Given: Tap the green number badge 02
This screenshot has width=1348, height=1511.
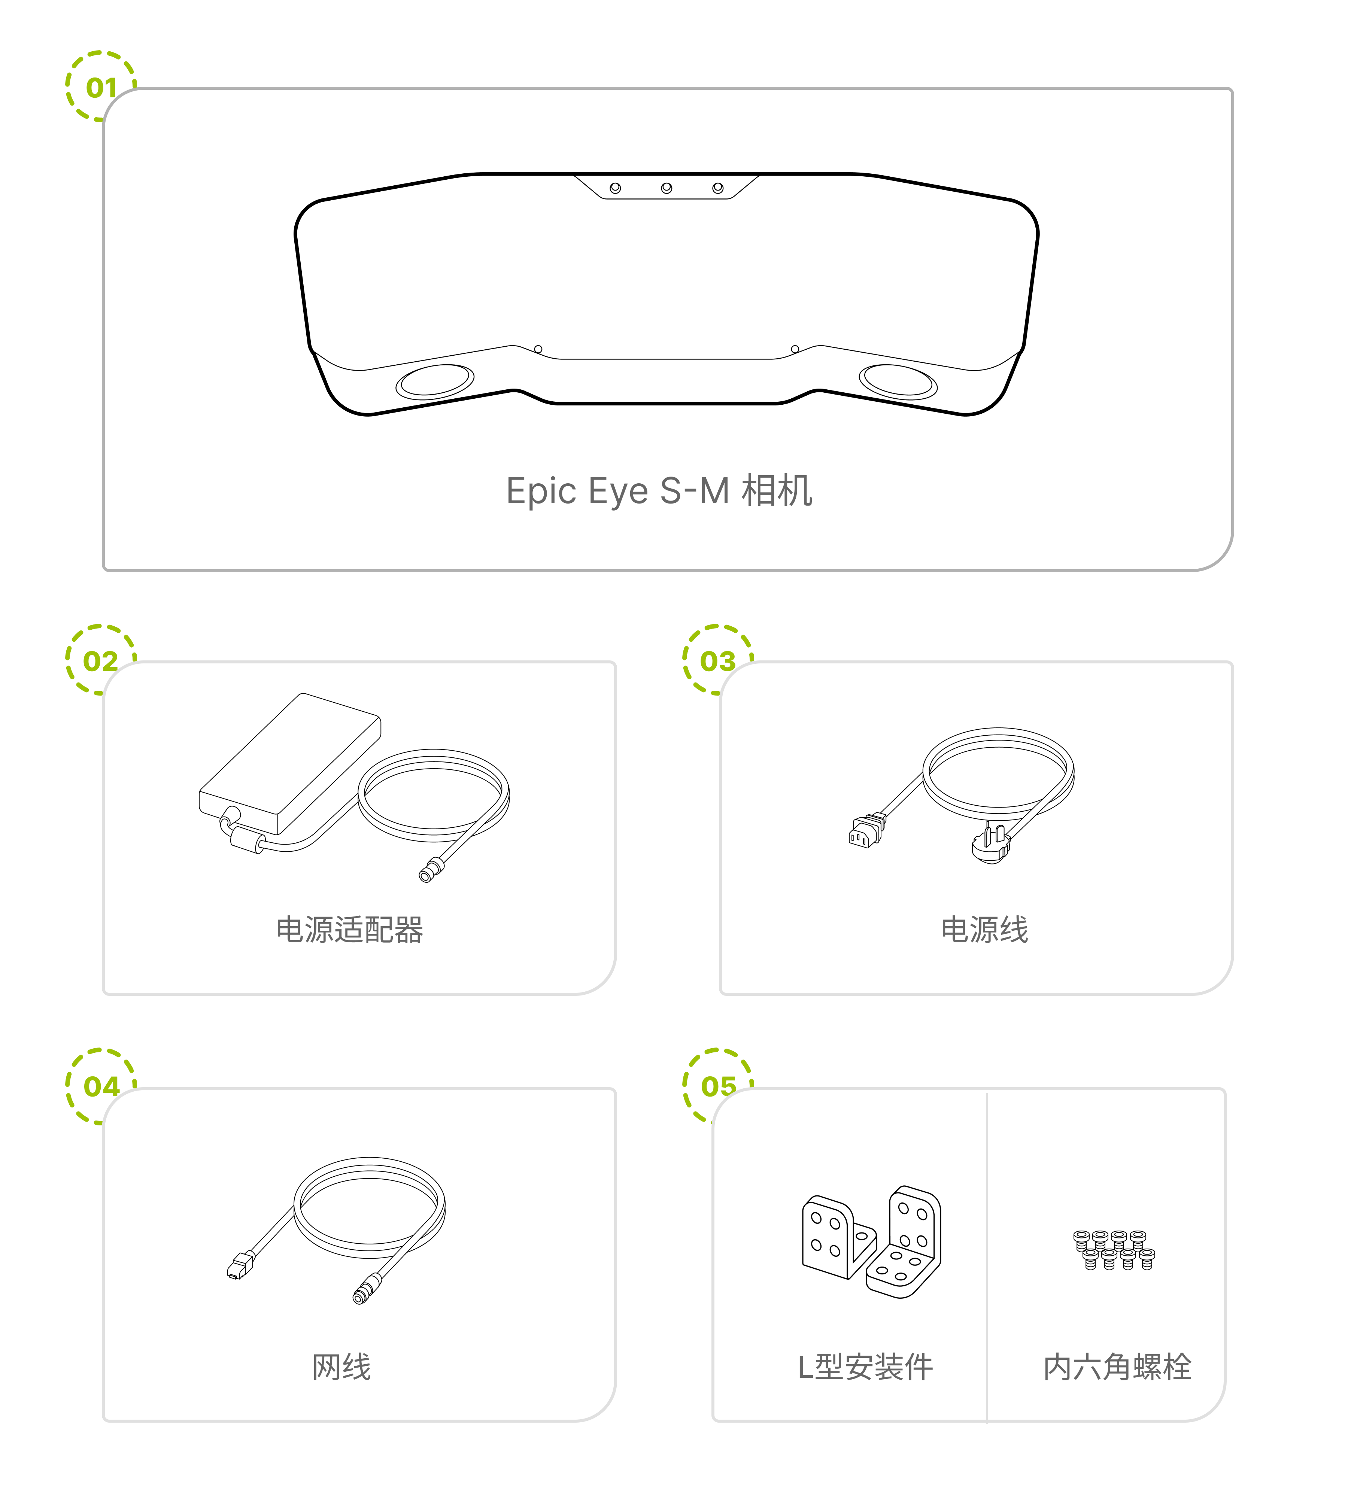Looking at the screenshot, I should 101,661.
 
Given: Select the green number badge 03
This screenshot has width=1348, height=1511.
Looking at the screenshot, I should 718,661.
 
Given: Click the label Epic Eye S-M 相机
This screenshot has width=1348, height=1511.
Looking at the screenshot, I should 659,491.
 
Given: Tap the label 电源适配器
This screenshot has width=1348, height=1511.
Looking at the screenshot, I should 350,930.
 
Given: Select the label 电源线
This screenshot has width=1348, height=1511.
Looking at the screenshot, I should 984,930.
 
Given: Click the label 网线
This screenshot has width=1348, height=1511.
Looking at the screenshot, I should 341,1366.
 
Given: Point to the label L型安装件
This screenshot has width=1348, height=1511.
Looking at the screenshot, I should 865,1366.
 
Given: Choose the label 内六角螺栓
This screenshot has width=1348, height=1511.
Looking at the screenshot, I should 1117,1366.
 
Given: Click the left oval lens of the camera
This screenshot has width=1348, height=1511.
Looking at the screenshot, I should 435,381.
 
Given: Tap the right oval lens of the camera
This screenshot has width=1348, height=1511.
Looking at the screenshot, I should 898,381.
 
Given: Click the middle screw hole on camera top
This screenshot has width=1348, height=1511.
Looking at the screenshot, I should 667,188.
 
